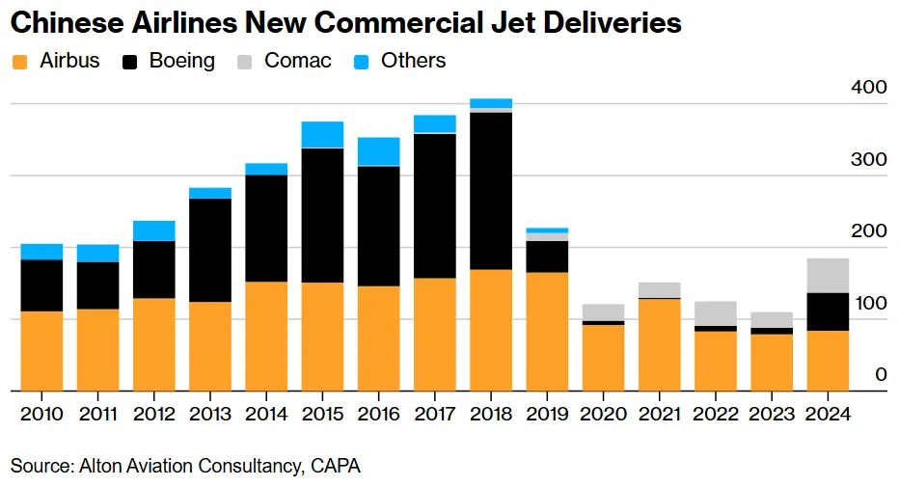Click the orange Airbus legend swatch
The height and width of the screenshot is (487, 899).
click(x=19, y=62)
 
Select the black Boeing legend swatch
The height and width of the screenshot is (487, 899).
click(x=130, y=62)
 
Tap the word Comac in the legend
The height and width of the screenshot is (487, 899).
click(x=298, y=61)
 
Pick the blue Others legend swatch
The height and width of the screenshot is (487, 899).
click(x=362, y=62)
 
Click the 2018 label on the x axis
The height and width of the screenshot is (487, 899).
click(x=490, y=415)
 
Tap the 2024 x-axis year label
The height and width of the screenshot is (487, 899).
click(x=828, y=415)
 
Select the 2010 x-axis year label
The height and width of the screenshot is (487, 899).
click(x=41, y=415)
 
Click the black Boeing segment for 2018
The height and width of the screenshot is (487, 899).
click(x=491, y=191)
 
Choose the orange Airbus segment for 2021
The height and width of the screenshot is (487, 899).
click(x=659, y=344)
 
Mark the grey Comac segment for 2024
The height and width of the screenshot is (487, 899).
click(x=828, y=275)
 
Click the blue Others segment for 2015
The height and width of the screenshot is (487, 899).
click(x=322, y=134)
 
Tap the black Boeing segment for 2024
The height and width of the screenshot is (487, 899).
click(x=828, y=311)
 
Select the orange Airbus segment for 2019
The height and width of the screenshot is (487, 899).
click(x=547, y=331)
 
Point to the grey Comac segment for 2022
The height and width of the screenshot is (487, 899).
click(x=715, y=313)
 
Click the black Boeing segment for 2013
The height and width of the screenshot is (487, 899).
click(x=210, y=250)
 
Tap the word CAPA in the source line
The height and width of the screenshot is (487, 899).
click(x=336, y=466)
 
